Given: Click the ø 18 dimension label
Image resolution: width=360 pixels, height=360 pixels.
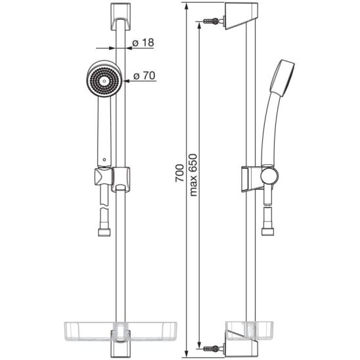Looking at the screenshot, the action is [143, 43].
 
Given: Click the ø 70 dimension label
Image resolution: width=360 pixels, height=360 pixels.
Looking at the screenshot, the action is [145, 76].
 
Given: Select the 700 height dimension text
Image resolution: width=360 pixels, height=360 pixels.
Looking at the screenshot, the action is [179, 173].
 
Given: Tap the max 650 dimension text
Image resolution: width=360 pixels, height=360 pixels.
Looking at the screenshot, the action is [193, 175].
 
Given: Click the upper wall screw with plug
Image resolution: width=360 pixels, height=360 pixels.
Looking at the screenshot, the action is [214, 22].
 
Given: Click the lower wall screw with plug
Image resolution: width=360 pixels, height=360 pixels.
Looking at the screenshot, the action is [214, 349].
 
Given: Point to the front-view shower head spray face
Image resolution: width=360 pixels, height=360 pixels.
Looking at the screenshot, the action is [104, 81].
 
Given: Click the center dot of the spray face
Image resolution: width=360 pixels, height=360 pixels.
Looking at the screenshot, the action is [104, 81].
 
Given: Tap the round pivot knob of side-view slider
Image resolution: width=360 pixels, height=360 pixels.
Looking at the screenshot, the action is [269, 175].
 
